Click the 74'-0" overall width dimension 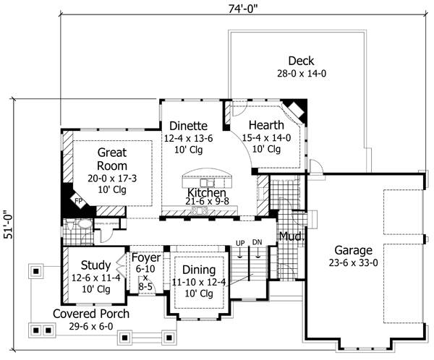(x=243, y=9)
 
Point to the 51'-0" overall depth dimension (x=9, y=224)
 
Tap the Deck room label (x=301, y=61)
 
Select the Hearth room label (x=266, y=125)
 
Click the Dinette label (x=189, y=126)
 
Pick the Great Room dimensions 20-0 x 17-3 (x=112, y=179)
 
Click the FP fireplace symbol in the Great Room (x=79, y=201)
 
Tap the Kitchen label (x=207, y=192)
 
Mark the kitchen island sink (x=207, y=183)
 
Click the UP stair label (x=240, y=243)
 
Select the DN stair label (x=257, y=242)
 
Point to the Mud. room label (x=292, y=236)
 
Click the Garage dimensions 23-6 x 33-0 (x=353, y=262)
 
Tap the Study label (x=95, y=265)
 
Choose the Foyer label (x=146, y=257)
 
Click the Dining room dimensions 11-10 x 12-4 (x=199, y=282)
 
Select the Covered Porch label (x=91, y=314)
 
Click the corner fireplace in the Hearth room (x=296, y=110)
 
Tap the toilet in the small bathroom (x=71, y=224)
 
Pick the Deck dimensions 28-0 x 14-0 (x=302, y=74)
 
